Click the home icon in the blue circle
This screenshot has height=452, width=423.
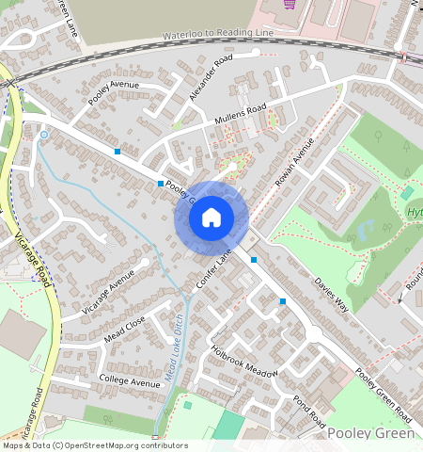coord(211,218)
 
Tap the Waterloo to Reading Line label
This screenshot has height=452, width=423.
coord(218,36)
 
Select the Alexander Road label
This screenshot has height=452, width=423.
coord(209,78)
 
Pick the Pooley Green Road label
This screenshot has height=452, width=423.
coord(384,397)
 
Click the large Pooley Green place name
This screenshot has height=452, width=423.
coord(371,433)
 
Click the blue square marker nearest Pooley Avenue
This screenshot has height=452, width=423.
coord(117,152)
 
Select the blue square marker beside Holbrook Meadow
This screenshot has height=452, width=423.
coord(282,301)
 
